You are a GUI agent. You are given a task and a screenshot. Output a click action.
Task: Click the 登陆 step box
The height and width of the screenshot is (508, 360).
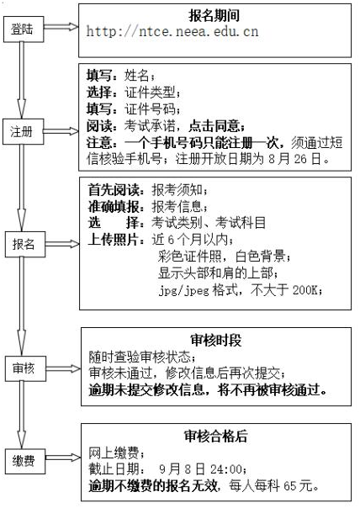(x=24, y=29)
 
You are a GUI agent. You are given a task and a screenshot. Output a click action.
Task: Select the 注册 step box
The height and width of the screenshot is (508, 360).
(x=23, y=131)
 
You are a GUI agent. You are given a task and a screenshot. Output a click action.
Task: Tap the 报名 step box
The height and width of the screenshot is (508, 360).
(x=25, y=244)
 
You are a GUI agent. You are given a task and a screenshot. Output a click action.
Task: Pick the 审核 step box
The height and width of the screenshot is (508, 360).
(x=25, y=368)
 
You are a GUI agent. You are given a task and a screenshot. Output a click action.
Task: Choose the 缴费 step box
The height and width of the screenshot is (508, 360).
(x=25, y=461)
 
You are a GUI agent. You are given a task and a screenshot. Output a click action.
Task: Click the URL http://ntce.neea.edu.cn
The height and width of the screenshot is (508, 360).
(x=172, y=31)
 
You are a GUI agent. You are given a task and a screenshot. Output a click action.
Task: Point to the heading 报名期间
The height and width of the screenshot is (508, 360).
(x=214, y=15)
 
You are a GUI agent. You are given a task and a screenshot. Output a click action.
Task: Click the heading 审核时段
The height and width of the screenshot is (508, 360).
(x=216, y=341)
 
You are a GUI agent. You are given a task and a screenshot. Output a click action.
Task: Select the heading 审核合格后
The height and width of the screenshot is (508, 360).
(x=216, y=436)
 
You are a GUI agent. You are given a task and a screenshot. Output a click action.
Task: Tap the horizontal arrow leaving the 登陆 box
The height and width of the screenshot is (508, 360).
(x=61, y=27)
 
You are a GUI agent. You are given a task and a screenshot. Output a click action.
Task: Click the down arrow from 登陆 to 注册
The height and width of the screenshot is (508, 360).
(x=22, y=81)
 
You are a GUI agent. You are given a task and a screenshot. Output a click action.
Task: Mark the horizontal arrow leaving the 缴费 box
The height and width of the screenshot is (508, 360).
(x=63, y=458)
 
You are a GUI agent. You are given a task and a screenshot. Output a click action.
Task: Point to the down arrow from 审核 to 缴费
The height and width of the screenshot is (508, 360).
(x=22, y=415)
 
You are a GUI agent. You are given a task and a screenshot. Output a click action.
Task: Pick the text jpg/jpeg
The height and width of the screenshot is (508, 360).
(x=184, y=290)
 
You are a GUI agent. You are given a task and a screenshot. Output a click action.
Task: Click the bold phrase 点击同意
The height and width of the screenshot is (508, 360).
(x=214, y=125)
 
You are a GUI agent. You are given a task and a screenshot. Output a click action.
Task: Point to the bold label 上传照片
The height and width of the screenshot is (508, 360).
(x=114, y=240)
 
